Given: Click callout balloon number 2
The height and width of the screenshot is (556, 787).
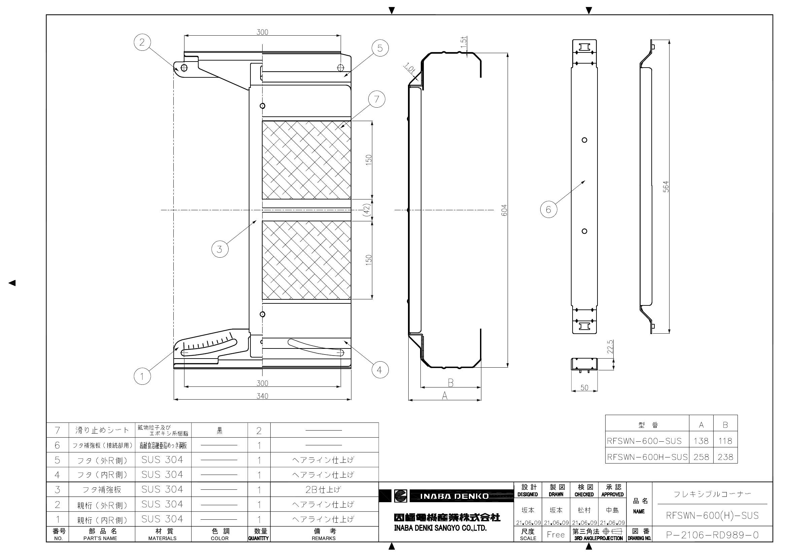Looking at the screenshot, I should click(x=142, y=42).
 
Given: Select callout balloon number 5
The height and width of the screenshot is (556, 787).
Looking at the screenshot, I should click(x=380, y=48).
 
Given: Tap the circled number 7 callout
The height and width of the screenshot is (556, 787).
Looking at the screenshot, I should click(x=377, y=99).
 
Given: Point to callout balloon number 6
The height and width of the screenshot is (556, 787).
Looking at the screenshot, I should click(x=548, y=209).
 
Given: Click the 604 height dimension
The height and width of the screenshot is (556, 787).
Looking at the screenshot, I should click(x=504, y=210).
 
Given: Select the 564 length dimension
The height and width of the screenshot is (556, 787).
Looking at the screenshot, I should click(x=665, y=186).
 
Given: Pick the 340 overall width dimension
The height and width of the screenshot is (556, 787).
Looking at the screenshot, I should click(x=262, y=396).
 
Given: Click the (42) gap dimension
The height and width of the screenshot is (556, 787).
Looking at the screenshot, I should click(x=367, y=210).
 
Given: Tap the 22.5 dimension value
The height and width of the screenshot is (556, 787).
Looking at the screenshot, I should click(x=610, y=347).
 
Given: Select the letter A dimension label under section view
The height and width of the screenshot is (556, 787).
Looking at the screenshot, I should click(x=445, y=396).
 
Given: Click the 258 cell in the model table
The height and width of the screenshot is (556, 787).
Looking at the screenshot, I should click(x=701, y=457).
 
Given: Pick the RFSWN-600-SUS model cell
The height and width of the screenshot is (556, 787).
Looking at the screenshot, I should click(x=644, y=441).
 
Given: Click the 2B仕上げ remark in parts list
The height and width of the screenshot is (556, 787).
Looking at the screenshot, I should click(x=323, y=489).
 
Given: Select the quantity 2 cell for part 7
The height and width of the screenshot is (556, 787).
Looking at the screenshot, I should click(x=259, y=431).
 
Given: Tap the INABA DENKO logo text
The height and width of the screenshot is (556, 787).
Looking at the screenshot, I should click(x=454, y=496).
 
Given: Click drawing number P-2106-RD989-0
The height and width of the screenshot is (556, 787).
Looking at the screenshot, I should click(x=712, y=535).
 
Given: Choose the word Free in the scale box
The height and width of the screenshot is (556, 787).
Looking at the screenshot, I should click(x=555, y=535).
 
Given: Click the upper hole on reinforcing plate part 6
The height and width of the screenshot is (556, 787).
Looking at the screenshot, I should click(x=584, y=140).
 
